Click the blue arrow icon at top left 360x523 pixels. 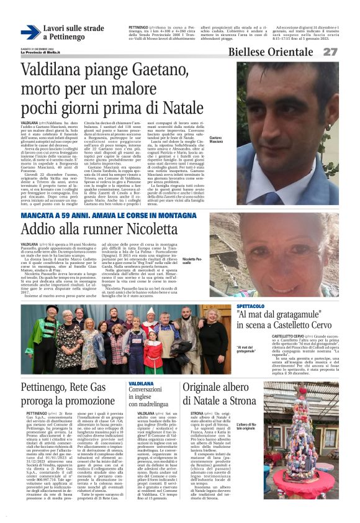click(x=30, y=32)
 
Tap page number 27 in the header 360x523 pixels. click(x=348, y=52)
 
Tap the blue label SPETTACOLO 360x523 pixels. click(x=250, y=306)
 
